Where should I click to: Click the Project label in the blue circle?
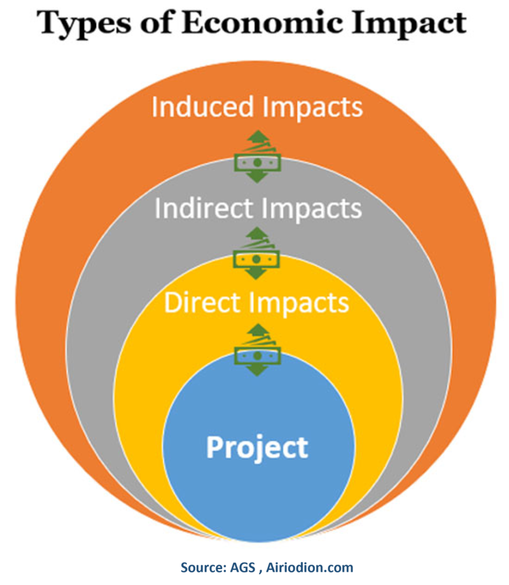(x=257, y=447)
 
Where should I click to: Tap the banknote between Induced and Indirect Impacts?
(x=257, y=162)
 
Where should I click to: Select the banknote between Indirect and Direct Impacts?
(x=257, y=258)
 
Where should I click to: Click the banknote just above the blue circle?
(x=257, y=353)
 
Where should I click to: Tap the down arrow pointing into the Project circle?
(x=257, y=369)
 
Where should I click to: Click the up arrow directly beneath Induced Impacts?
(x=257, y=136)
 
